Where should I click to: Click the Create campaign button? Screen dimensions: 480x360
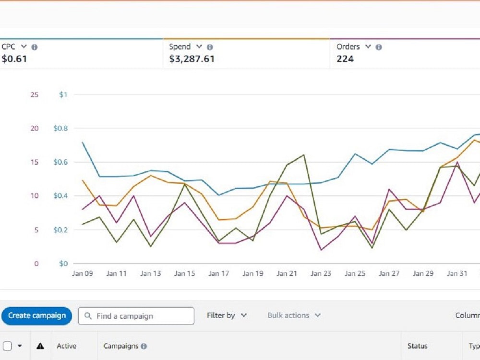click(x=37, y=316)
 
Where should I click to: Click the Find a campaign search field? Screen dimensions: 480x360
click(x=136, y=316)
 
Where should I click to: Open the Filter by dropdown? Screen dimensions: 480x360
click(x=227, y=315)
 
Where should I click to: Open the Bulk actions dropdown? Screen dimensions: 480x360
click(x=294, y=315)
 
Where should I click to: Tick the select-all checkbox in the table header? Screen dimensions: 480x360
click(x=7, y=346)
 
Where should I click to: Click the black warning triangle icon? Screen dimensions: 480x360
click(x=40, y=346)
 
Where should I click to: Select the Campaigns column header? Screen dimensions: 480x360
click(x=120, y=346)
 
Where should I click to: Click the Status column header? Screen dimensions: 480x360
click(x=417, y=346)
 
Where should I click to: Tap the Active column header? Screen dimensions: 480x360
click(x=66, y=346)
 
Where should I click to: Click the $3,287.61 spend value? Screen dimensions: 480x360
click(x=192, y=59)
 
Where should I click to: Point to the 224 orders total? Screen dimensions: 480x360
click(x=345, y=59)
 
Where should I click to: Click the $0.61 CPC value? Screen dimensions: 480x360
click(x=14, y=59)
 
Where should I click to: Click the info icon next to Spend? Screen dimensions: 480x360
click(x=210, y=47)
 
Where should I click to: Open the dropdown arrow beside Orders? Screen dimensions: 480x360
click(x=368, y=47)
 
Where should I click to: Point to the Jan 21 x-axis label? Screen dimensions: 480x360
click(x=287, y=274)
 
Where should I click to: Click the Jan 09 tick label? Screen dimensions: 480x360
click(x=83, y=274)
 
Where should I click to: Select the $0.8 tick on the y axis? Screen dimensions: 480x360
click(x=60, y=128)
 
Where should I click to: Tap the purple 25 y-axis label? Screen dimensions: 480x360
click(x=35, y=95)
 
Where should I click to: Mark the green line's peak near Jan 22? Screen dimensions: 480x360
click(x=304, y=155)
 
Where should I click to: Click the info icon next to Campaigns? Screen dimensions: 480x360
click(x=144, y=346)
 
